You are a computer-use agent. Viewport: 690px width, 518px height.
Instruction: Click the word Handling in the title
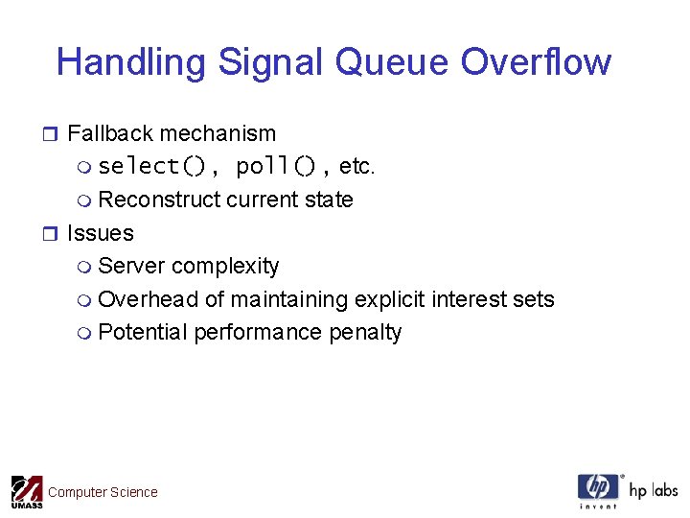131,62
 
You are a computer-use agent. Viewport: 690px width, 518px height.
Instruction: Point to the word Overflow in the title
536,62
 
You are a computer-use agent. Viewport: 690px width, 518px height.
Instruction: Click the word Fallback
108,133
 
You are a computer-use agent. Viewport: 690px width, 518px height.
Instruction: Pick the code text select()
152,167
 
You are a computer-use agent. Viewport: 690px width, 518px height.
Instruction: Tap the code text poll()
275,167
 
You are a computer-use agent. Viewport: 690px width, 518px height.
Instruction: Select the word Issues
100,233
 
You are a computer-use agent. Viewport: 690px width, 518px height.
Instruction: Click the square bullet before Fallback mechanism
52,134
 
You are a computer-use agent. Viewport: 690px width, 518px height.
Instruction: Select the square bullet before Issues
52,234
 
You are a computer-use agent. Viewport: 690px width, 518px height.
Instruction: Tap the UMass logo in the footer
26,491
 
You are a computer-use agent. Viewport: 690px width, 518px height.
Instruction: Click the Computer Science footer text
103,492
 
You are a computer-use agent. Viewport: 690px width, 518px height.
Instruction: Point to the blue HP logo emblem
598,489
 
